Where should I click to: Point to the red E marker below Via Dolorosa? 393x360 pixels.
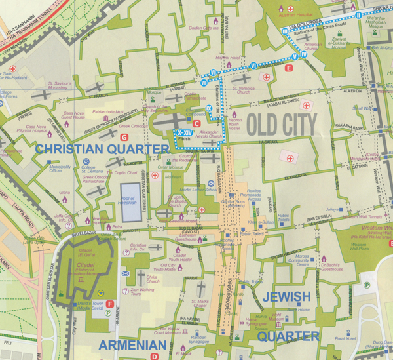tap(288, 68)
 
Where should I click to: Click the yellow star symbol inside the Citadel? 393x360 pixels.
tap(100, 293)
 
